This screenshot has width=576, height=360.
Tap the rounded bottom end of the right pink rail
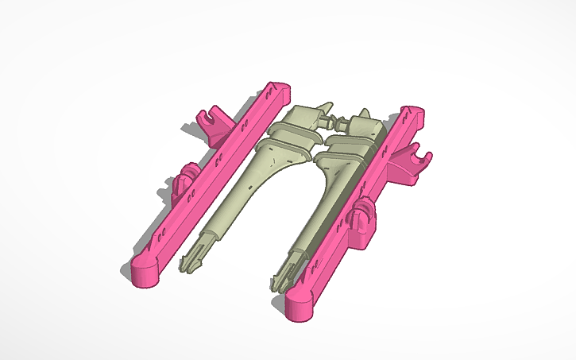(301, 306)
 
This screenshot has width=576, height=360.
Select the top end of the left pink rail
(278, 89)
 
